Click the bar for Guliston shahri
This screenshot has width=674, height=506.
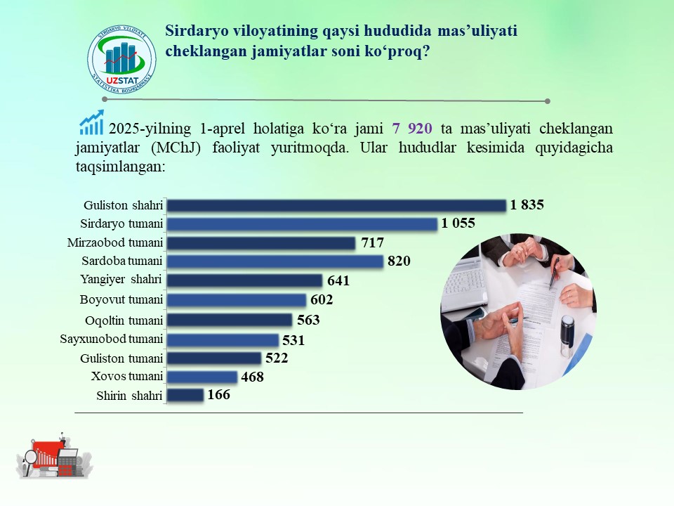[336, 205]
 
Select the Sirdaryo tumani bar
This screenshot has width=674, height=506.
[302, 223]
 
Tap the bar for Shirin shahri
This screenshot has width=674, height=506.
[185, 395]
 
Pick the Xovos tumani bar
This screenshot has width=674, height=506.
[202, 377]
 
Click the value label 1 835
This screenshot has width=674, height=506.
[527, 205]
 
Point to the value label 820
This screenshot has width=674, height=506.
[399, 261]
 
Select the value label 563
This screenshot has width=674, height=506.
[308, 320]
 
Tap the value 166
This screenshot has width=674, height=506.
[219, 394]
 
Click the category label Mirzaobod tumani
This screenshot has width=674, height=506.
[114, 242]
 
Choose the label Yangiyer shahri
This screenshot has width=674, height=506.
[121, 280]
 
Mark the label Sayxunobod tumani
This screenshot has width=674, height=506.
[112, 339]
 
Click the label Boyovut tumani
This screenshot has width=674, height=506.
[121, 299]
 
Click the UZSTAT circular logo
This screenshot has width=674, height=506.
[121, 58]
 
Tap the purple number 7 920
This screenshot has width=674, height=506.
[412, 128]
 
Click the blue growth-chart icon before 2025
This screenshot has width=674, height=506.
[91, 122]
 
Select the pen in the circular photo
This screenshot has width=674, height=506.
[555, 273]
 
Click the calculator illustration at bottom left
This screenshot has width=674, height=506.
[68, 463]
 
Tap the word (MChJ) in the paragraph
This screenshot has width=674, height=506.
[176, 148]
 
